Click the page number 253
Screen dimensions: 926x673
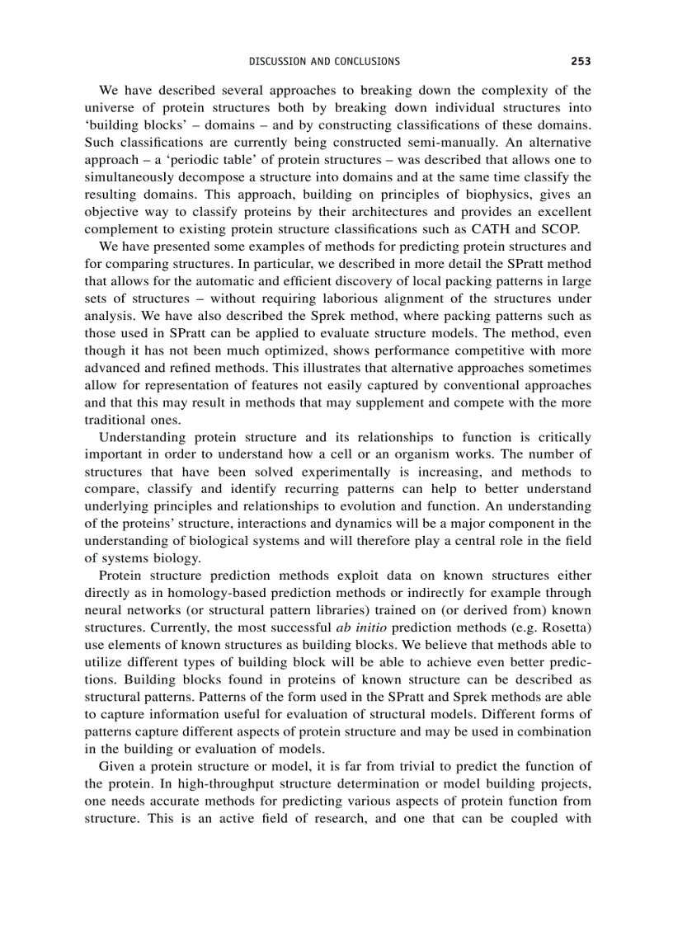click(x=581, y=61)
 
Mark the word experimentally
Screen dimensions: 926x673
click(x=346, y=472)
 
